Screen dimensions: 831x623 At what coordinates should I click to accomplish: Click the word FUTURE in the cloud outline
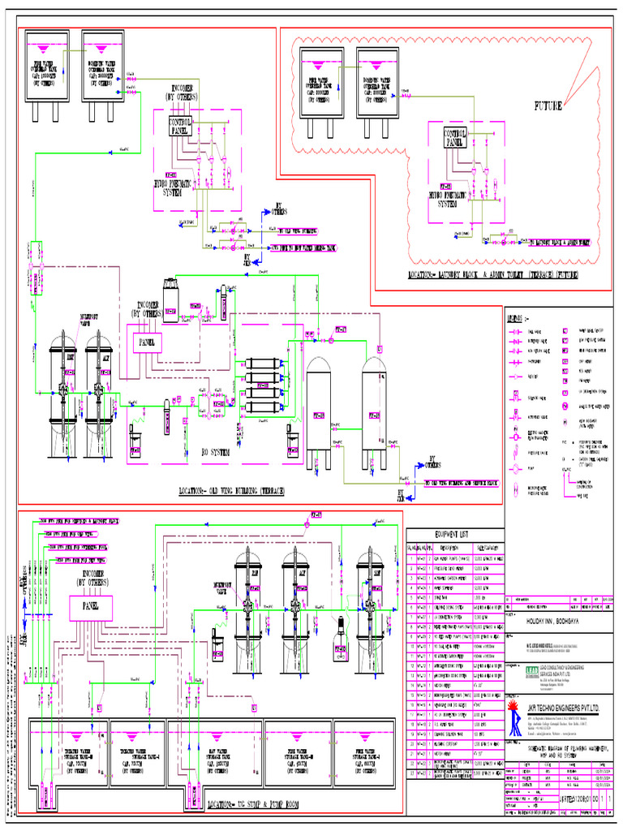coord(548,106)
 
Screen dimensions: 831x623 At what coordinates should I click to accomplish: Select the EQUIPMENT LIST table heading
coord(453,533)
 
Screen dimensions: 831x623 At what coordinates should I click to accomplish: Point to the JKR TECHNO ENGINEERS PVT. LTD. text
coord(562,708)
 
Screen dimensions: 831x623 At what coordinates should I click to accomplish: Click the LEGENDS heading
coord(519,316)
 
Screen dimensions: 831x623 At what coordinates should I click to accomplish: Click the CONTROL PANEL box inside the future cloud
coord(455,138)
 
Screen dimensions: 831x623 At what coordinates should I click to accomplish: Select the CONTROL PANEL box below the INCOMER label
coord(180,125)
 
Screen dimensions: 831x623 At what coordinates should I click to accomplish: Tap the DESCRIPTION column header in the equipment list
coord(449,547)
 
